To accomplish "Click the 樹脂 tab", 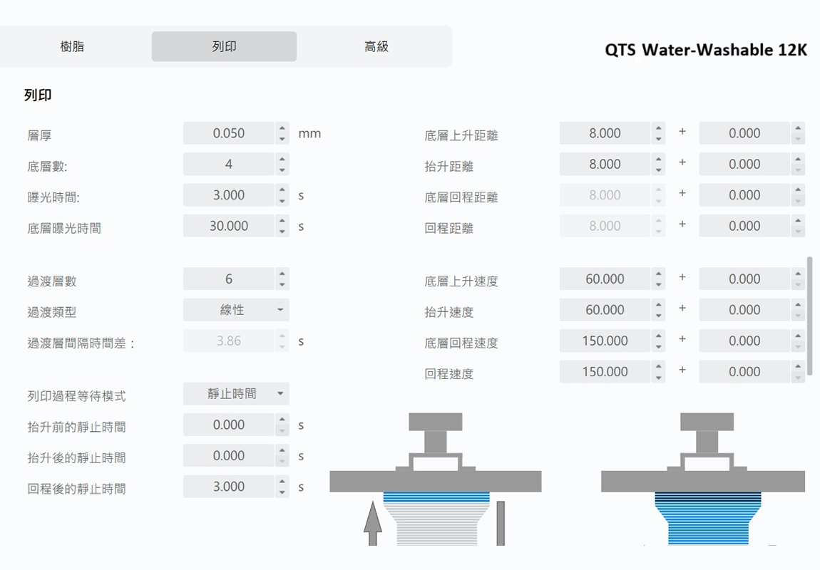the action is pyautogui.click(x=72, y=46).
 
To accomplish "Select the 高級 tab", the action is pyautogui.click(x=376, y=46).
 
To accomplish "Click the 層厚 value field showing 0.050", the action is pyautogui.click(x=229, y=133).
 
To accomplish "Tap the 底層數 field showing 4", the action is pyautogui.click(x=229, y=164).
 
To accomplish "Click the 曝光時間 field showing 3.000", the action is pyautogui.click(x=229, y=195).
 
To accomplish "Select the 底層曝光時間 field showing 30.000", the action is pyautogui.click(x=229, y=226).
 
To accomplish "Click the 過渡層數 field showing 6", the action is pyautogui.click(x=229, y=279).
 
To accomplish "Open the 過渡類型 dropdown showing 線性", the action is pyautogui.click(x=236, y=310).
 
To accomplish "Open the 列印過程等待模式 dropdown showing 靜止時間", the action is pyautogui.click(x=236, y=393).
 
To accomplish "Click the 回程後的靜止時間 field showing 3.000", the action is pyautogui.click(x=229, y=487).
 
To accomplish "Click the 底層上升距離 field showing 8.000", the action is pyautogui.click(x=605, y=133).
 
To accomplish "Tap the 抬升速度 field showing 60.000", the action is pyautogui.click(x=605, y=310).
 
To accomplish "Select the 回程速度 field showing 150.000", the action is pyautogui.click(x=605, y=371).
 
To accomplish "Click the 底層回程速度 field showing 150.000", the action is pyautogui.click(x=605, y=341).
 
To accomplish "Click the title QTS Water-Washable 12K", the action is pyautogui.click(x=706, y=50).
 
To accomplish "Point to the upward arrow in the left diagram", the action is pyautogui.click(x=372, y=524).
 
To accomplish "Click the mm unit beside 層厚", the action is pyautogui.click(x=309, y=134).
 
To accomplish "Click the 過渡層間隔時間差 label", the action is pyautogui.click(x=81, y=343).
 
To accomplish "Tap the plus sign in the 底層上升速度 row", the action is pyautogui.click(x=682, y=277).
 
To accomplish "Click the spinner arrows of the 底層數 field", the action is pyautogui.click(x=282, y=164).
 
